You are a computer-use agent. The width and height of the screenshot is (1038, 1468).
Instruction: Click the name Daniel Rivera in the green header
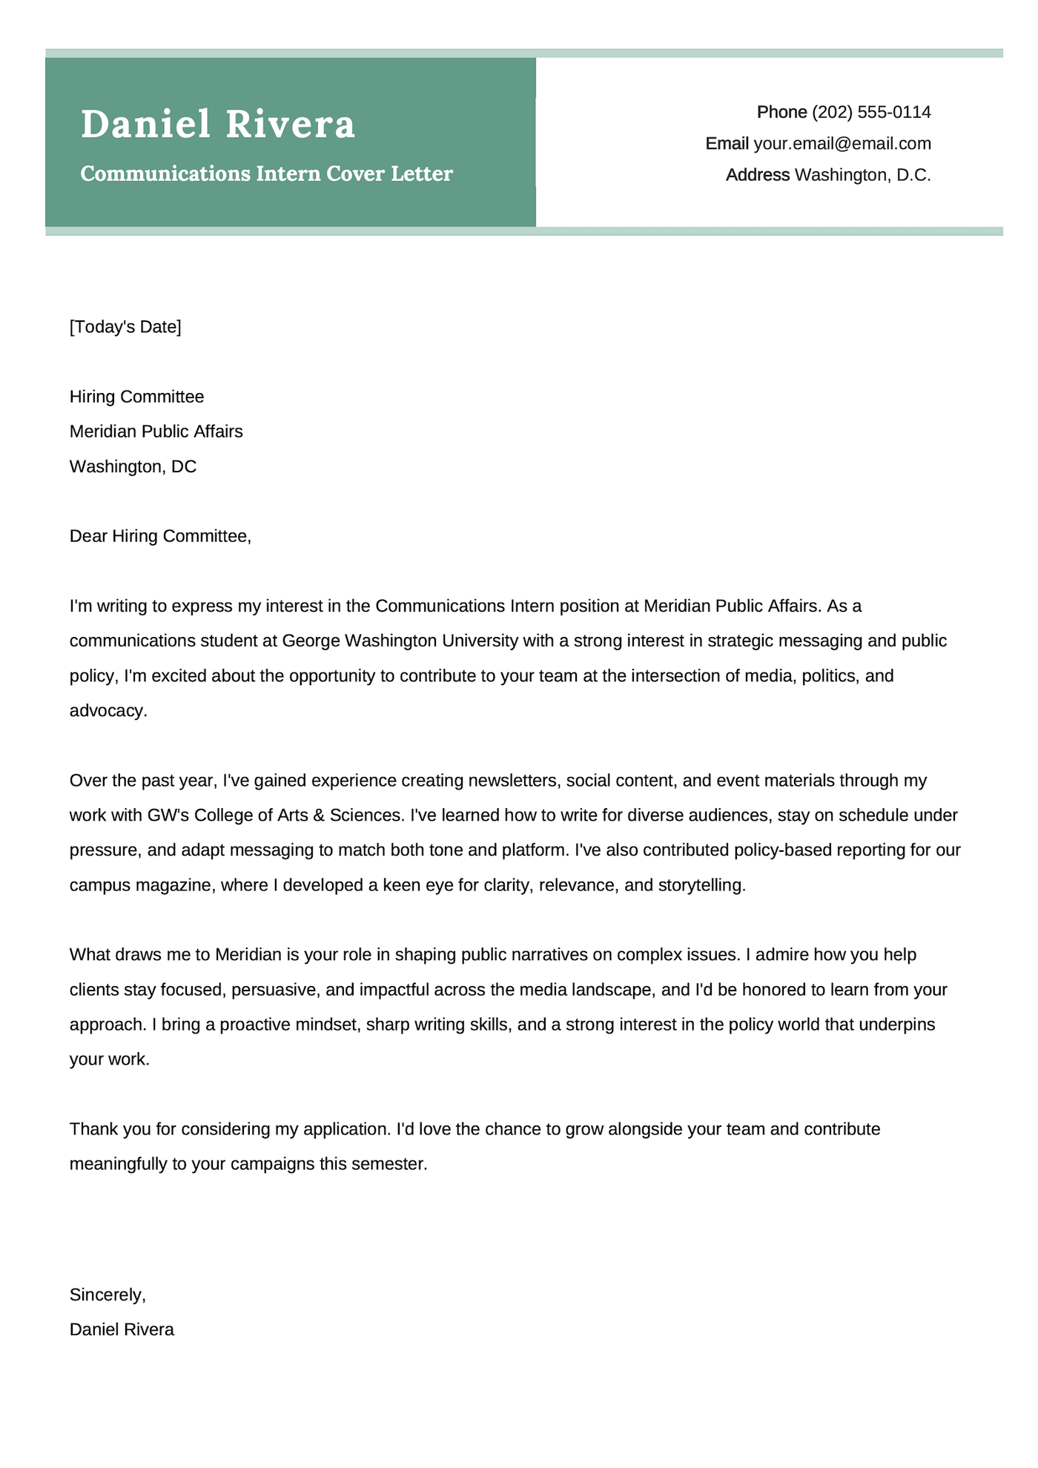(218, 125)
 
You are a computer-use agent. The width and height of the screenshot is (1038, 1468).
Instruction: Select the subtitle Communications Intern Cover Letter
(266, 174)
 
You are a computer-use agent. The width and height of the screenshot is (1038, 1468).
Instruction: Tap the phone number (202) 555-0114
(871, 113)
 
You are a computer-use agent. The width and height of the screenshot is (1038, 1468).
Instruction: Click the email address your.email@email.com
(842, 144)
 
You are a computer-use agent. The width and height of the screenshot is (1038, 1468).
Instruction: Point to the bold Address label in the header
(757, 176)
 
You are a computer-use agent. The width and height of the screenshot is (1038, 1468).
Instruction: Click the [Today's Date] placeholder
(125, 327)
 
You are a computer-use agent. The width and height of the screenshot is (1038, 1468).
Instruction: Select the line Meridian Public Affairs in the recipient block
(156, 432)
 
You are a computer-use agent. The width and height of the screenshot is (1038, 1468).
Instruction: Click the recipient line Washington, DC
(133, 466)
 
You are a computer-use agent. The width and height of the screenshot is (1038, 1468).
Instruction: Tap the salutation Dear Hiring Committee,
(160, 536)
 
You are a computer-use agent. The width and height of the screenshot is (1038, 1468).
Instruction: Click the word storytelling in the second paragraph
(700, 885)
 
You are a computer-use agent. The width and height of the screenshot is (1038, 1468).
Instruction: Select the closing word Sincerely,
(108, 1295)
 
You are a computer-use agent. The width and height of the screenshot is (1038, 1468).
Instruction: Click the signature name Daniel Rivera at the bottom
(122, 1330)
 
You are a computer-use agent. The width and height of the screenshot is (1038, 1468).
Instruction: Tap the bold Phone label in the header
(781, 113)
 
